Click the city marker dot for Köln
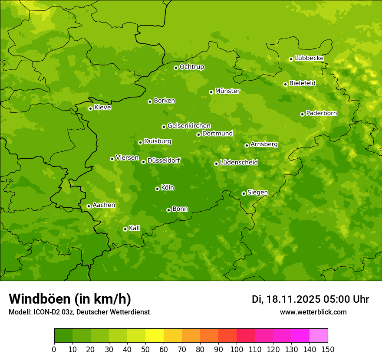click(x=157, y=189)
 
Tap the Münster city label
click(x=227, y=91)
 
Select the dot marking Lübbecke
click(x=291, y=59)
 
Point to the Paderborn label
click(x=322, y=113)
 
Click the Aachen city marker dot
click(x=89, y=206)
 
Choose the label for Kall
click(x=135, y=228)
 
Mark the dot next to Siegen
click(x=244, y=193)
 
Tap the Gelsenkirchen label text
click(x=189, y=126)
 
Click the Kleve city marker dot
click(x=90, y=108)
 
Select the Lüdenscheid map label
click(x=239, y=163)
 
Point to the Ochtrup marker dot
click(x=176, y=68)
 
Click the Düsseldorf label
click(x=164, y=160)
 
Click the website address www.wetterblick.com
click(x=313, y=312)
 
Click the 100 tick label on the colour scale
click(x=237, y=349)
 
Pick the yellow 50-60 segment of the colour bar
click(x=155, y=336)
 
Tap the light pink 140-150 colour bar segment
click(x=319, y=336)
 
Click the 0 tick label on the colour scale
click(x=54, y=349)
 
